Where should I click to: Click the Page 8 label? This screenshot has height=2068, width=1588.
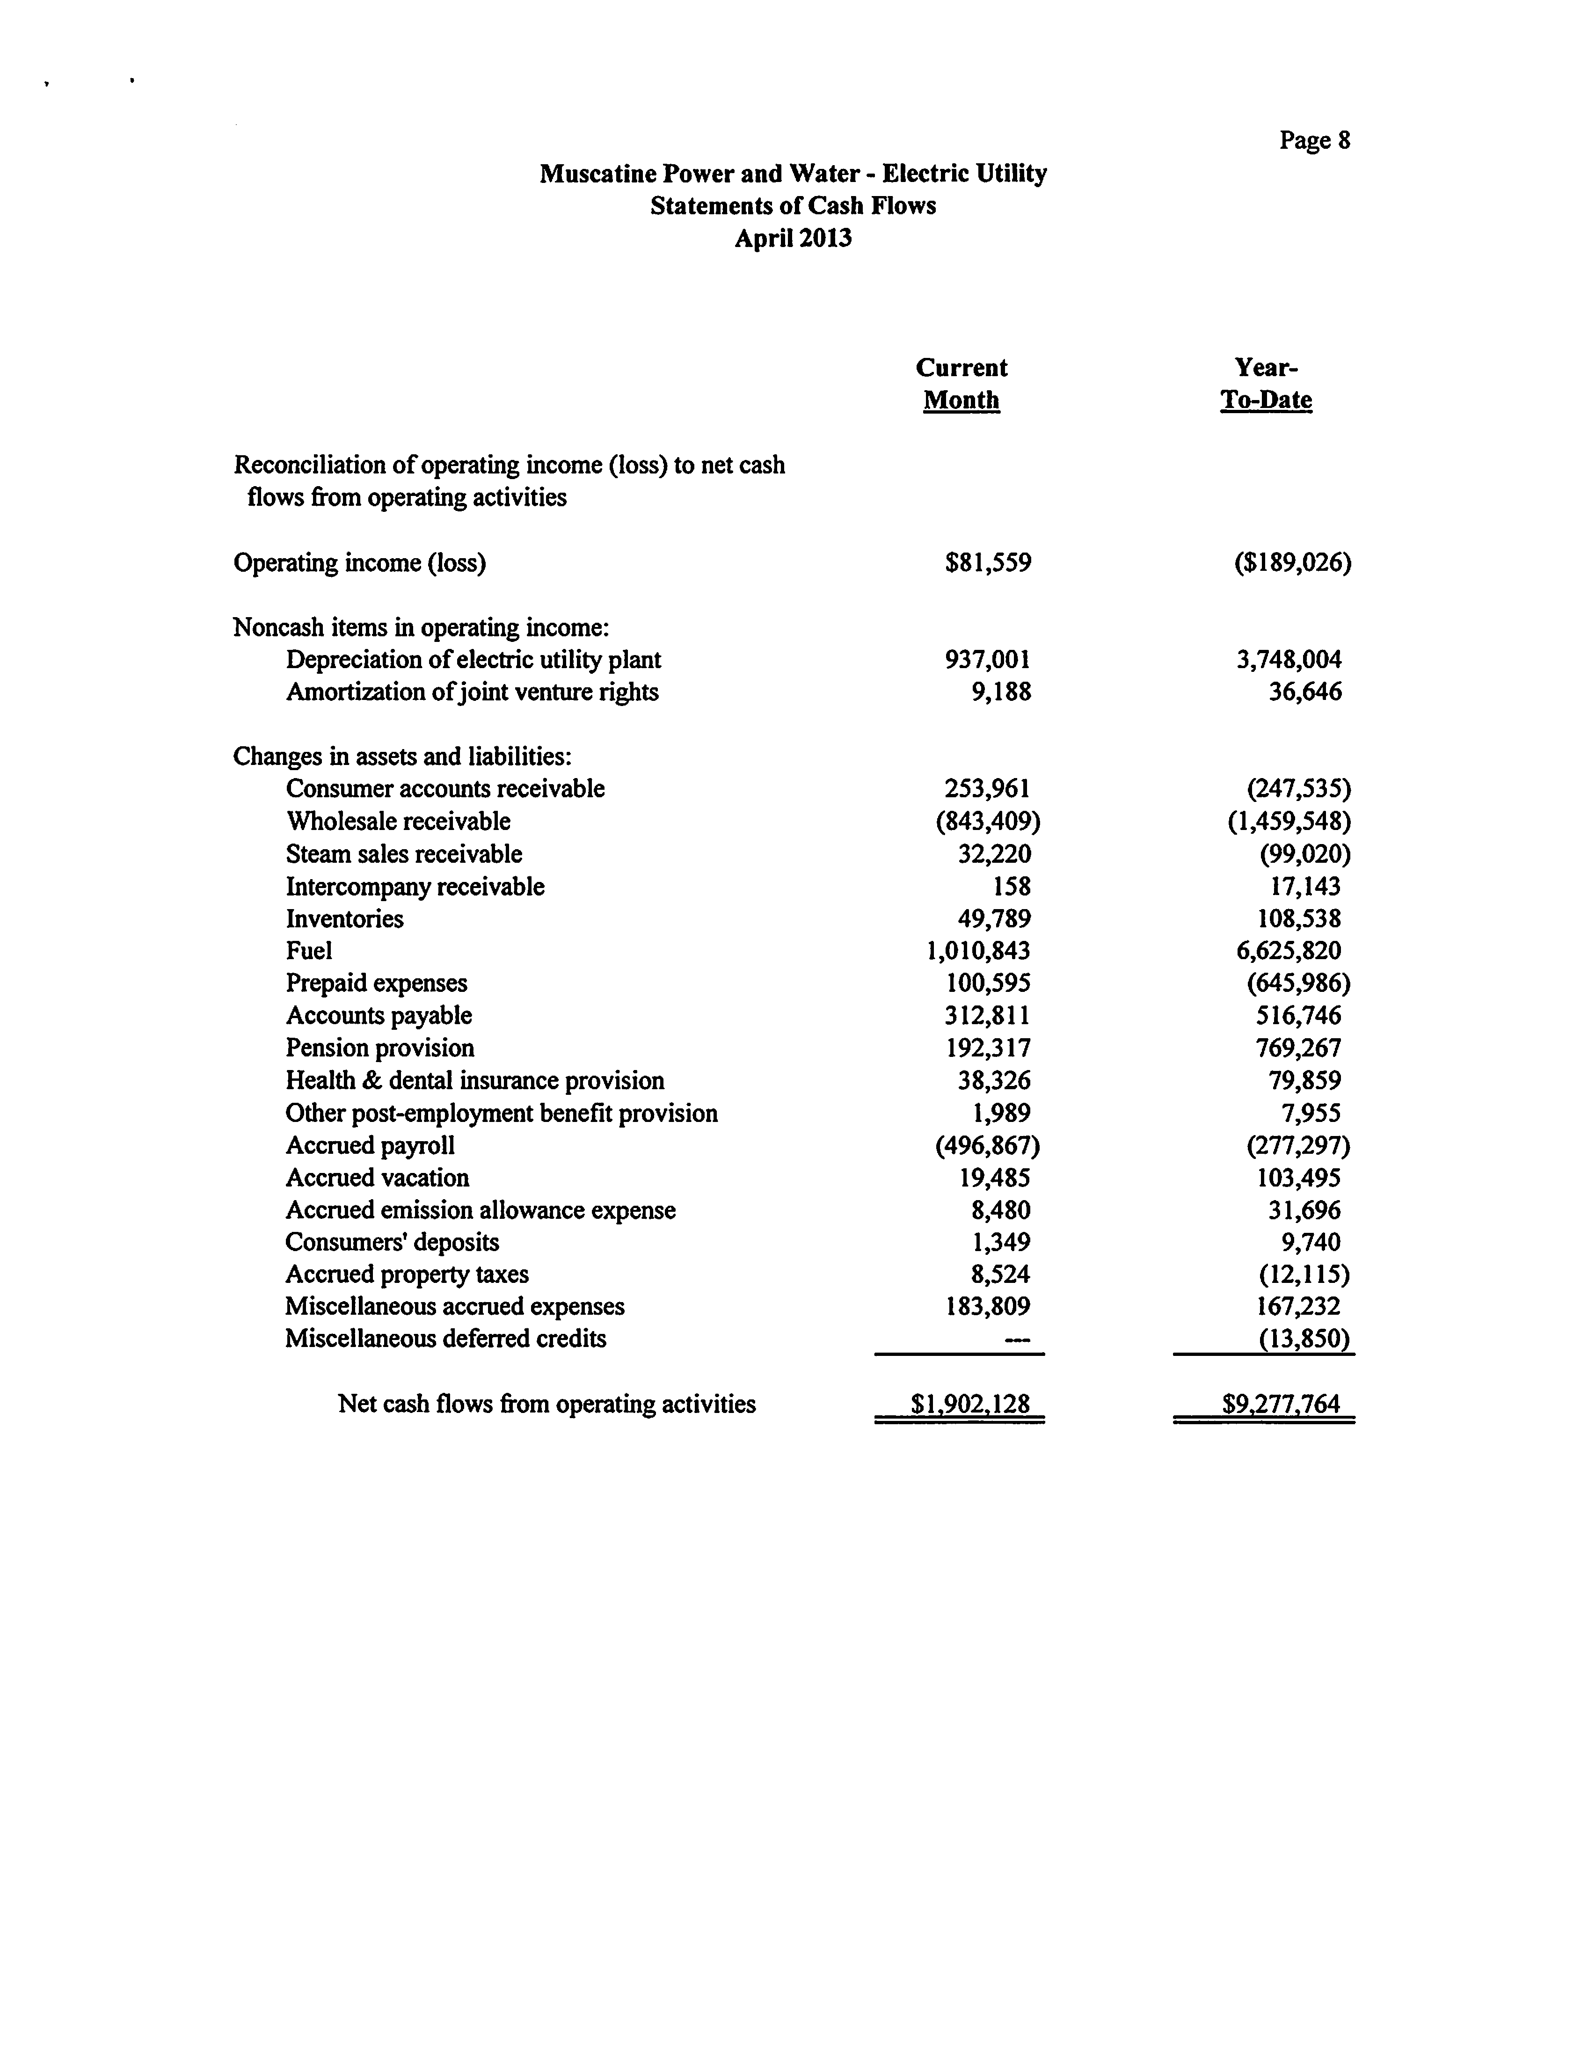click(x=1314, y=141)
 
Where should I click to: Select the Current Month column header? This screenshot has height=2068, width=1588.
click(x=962, y=384)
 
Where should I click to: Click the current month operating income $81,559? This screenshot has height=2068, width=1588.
click(x=988, y=563)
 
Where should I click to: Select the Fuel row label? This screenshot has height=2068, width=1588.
click(x=309, y=951)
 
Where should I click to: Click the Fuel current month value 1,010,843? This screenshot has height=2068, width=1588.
click(x=978, y=951)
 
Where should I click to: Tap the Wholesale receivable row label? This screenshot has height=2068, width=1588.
click(x=398, y=821)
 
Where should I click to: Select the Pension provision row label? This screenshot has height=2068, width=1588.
click(x=380, y=1048)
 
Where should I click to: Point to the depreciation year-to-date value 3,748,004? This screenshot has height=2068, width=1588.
click(x=1289, y=660)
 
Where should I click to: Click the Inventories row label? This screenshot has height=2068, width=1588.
click(x=344, y=919)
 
